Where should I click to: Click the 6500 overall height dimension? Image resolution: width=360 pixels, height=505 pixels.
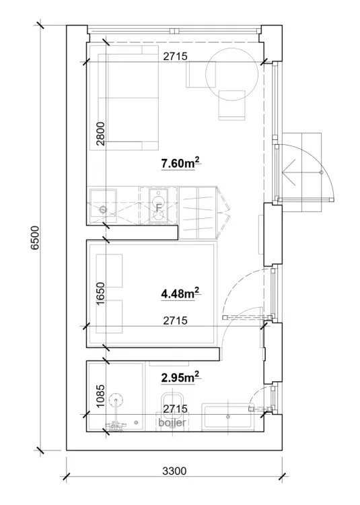pyautogui.click(x=35, y=238)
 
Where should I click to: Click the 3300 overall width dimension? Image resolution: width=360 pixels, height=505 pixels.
pyautogui.click(x=174, y=471)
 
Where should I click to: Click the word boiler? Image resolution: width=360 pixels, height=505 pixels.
pyautogui.click(x=172, y=422)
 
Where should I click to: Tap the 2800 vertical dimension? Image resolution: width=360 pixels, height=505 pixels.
pyautogui.click(x=101, y=134)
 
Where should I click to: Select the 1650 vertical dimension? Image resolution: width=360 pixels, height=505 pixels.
pyautogui.click(x=101, y=294)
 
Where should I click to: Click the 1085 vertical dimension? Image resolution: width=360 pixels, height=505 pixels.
pyautogui.click(x=101, y=396)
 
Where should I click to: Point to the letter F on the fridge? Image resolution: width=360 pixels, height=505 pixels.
pyautogui.click(x=158, y=208)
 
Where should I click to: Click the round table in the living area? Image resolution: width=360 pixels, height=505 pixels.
pyautogui.click(x=232, y=74)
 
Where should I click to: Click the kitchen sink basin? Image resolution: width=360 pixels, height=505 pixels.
pyautogui.click(x=103, y=203)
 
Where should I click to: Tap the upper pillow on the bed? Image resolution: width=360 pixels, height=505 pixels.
pyautogui.click(x=110, y=271)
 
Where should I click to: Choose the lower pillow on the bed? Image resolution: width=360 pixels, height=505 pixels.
pyautogui.click(x=110, y=317)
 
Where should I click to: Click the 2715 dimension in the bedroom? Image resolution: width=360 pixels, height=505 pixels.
pyautogui.click(x=175, y=321)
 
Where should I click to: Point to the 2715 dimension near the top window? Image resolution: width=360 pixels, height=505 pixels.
pyautogui.click(x=175, y=57)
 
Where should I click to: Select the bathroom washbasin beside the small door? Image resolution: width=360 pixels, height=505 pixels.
pyautogui.click(x=228, y=417)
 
